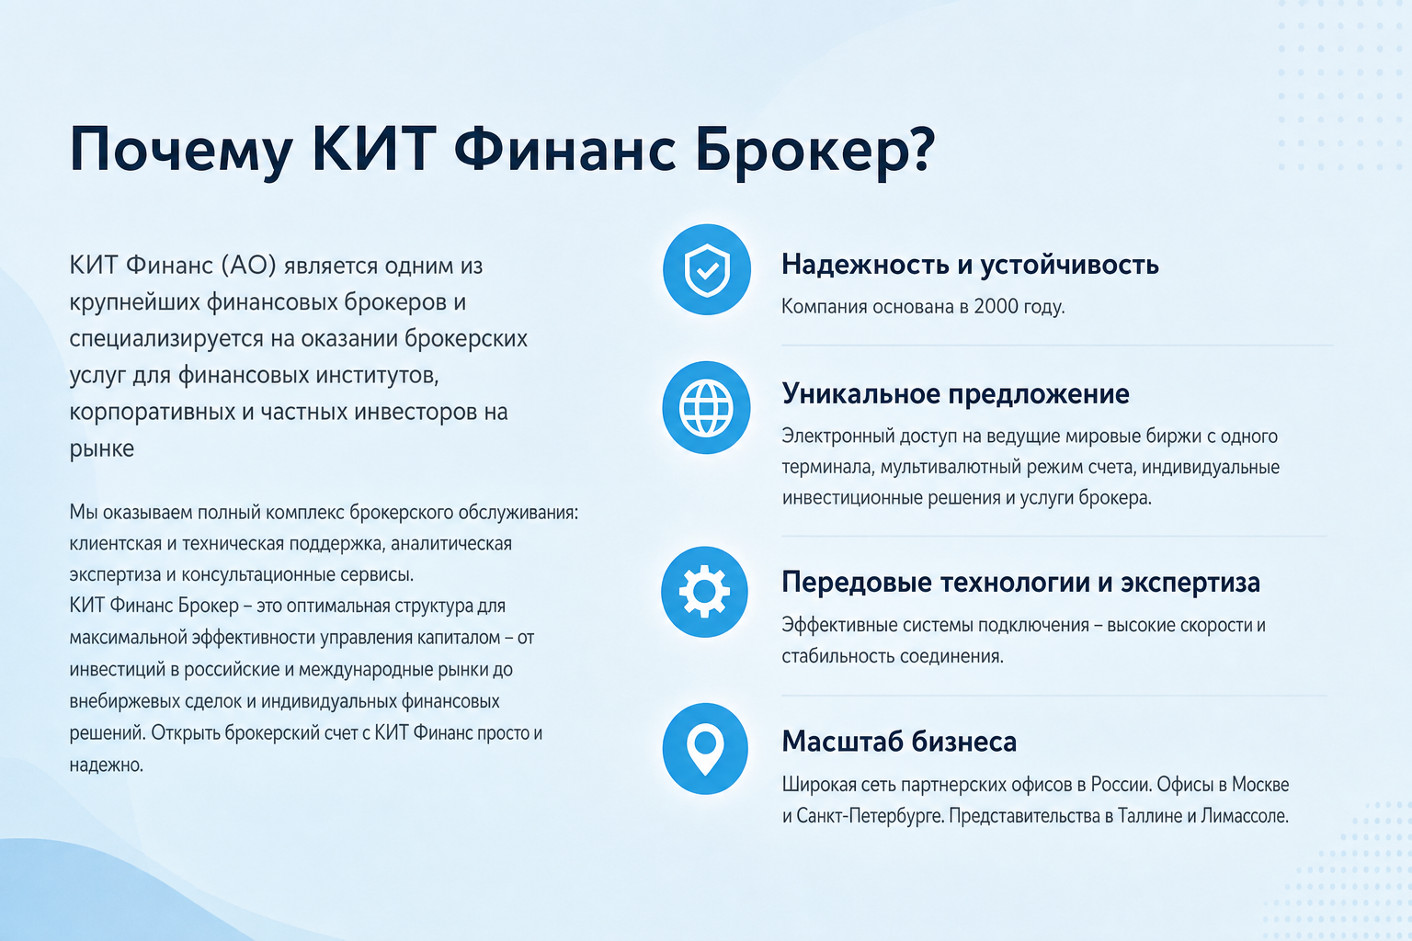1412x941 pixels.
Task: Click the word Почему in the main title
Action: point(180,152)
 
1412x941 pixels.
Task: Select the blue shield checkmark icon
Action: point(707,270)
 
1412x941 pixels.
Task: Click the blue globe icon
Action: point(706,408)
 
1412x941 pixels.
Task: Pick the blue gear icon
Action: point(704,592)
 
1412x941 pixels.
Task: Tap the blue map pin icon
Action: point(705,749)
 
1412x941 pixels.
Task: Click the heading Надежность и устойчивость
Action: point(970,265)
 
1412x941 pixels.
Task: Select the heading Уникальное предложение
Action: point(956,394)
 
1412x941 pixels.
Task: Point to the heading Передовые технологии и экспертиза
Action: point(1020,583)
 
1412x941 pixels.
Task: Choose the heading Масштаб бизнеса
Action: point(899,742)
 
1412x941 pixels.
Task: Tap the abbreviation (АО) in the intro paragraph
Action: point(249,266)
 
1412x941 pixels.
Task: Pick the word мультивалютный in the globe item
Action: point(951,468)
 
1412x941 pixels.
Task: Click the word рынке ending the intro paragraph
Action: point(101,449)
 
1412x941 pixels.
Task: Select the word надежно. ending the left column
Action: point(107,765)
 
